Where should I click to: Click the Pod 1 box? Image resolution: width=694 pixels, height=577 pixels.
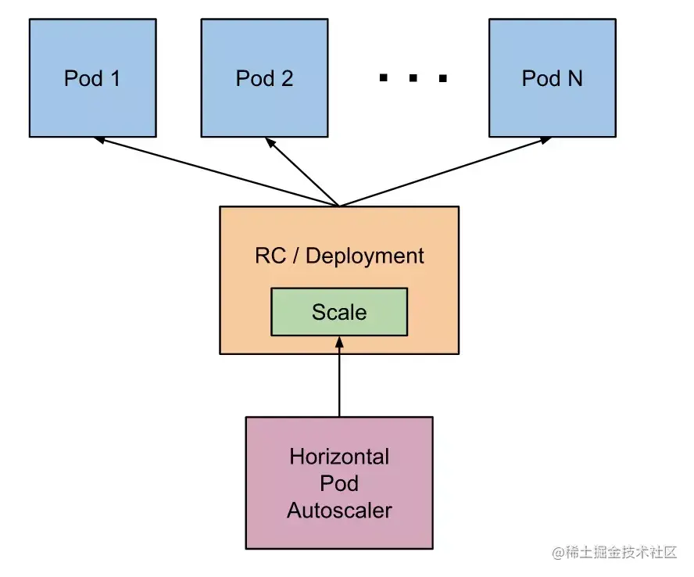[x=92, y=78]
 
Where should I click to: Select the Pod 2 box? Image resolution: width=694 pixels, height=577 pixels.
[x=264, y=78]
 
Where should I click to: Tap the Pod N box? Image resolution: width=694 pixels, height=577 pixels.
[x=552, y=78]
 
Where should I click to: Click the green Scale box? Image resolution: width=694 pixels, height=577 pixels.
[x=338, y=312]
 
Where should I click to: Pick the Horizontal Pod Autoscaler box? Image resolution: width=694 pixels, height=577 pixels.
[x=338, y=482]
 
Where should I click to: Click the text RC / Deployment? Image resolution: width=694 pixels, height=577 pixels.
[x=339, y=256]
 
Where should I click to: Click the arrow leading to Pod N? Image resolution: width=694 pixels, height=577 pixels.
[x=445, y=173]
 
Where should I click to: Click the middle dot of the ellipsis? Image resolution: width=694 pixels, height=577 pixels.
[x=412, y=78]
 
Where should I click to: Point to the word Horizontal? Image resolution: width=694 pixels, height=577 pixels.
[x=339, y=456]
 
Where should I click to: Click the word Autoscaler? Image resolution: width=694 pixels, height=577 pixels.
[x=339, y=511]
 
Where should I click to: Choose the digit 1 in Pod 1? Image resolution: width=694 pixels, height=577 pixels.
[x=115, y=78]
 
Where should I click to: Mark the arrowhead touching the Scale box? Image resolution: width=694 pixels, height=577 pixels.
[x=338, y=342]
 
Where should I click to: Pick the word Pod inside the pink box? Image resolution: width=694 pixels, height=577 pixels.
[x=339, y=483]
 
